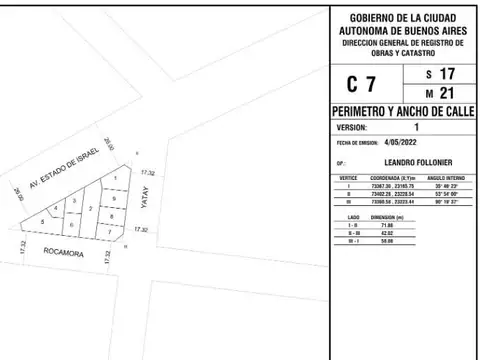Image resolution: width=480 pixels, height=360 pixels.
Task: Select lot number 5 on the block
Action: click(42, 221)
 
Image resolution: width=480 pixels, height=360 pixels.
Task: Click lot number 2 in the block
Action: click(91, 208)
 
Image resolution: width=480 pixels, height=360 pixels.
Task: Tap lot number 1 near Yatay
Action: click(116, 178)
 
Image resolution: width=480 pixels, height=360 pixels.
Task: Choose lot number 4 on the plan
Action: click(55, 208)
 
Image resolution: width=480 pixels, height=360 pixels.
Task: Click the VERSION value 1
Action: click(415, 127)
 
